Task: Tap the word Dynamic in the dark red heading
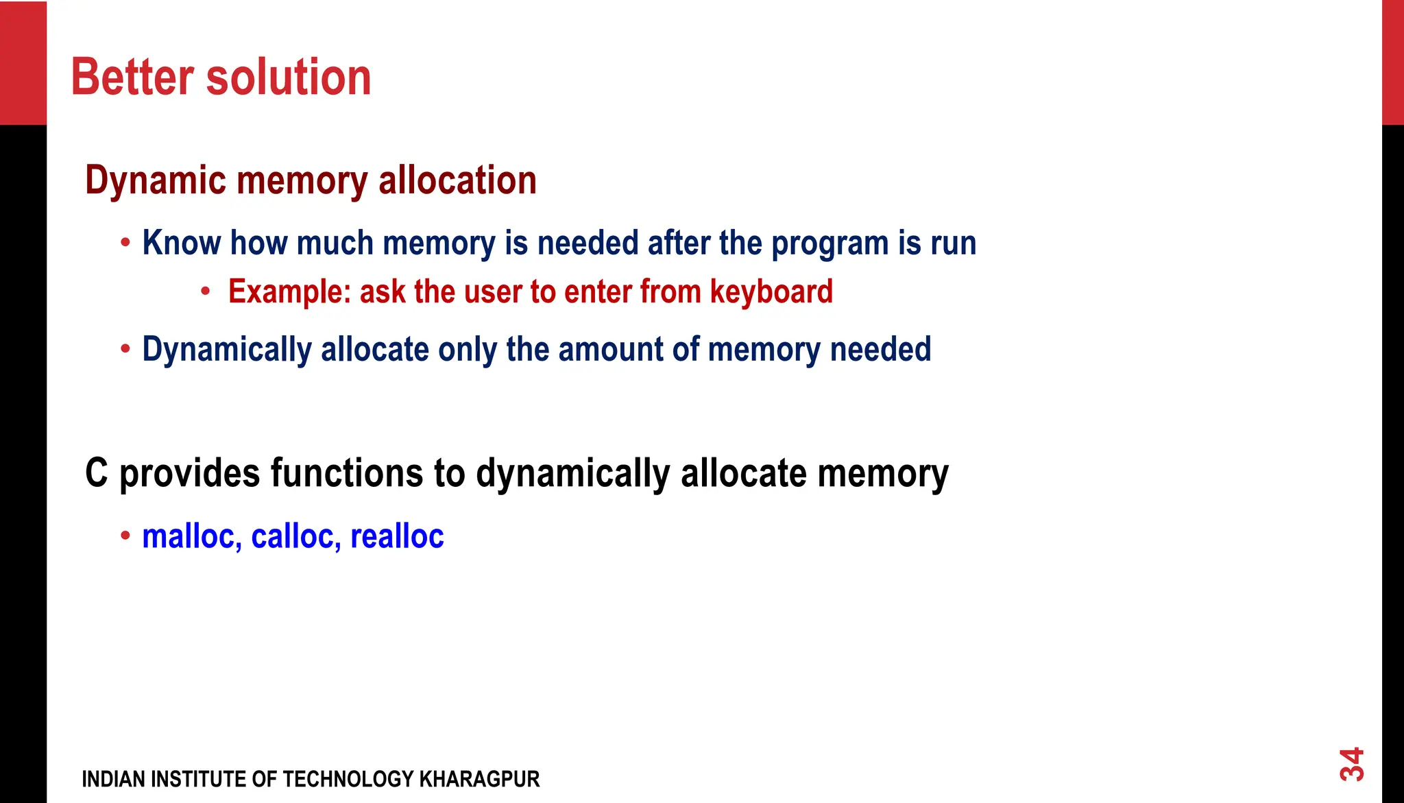[155, 181]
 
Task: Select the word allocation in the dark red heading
[457, 181]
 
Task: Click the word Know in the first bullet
[181, 243]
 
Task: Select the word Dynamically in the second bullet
[227, 350]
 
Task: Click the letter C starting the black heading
[97, 473]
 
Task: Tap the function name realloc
[397, 536]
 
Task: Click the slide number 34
[1351, 764]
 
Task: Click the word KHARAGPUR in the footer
[479, 780]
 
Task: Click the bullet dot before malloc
[125, 536]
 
